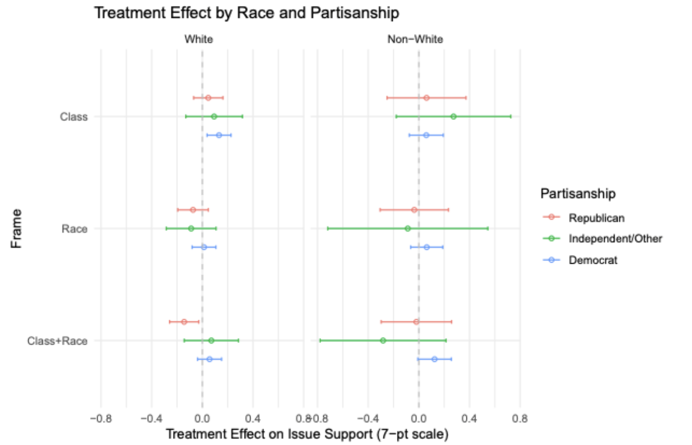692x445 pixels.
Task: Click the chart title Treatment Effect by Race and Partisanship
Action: [x=247, y=13]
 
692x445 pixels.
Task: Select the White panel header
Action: [x=198, y=40]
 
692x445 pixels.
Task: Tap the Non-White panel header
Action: [x=415, y=40]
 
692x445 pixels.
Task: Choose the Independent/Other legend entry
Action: [x=615, y=239]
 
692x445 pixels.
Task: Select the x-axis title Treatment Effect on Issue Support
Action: [x=307, y=435]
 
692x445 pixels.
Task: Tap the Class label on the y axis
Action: [x=74, y=117]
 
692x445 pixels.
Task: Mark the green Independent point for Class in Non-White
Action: [x=453, y=116]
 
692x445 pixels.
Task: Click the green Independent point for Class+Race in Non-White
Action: [x=383, y=340]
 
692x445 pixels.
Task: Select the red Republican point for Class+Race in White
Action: [x=184, y=322]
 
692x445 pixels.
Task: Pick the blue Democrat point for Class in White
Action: [x=219, y=135]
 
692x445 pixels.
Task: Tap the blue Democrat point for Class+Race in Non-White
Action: [x=434, y=359]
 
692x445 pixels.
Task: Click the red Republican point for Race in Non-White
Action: [x=414, y=209]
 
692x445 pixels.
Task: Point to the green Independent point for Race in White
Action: [x=191, y=228]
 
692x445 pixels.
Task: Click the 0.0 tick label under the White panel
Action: [x=202, y=419]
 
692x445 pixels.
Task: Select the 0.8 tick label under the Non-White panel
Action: [x=520, y=419]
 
